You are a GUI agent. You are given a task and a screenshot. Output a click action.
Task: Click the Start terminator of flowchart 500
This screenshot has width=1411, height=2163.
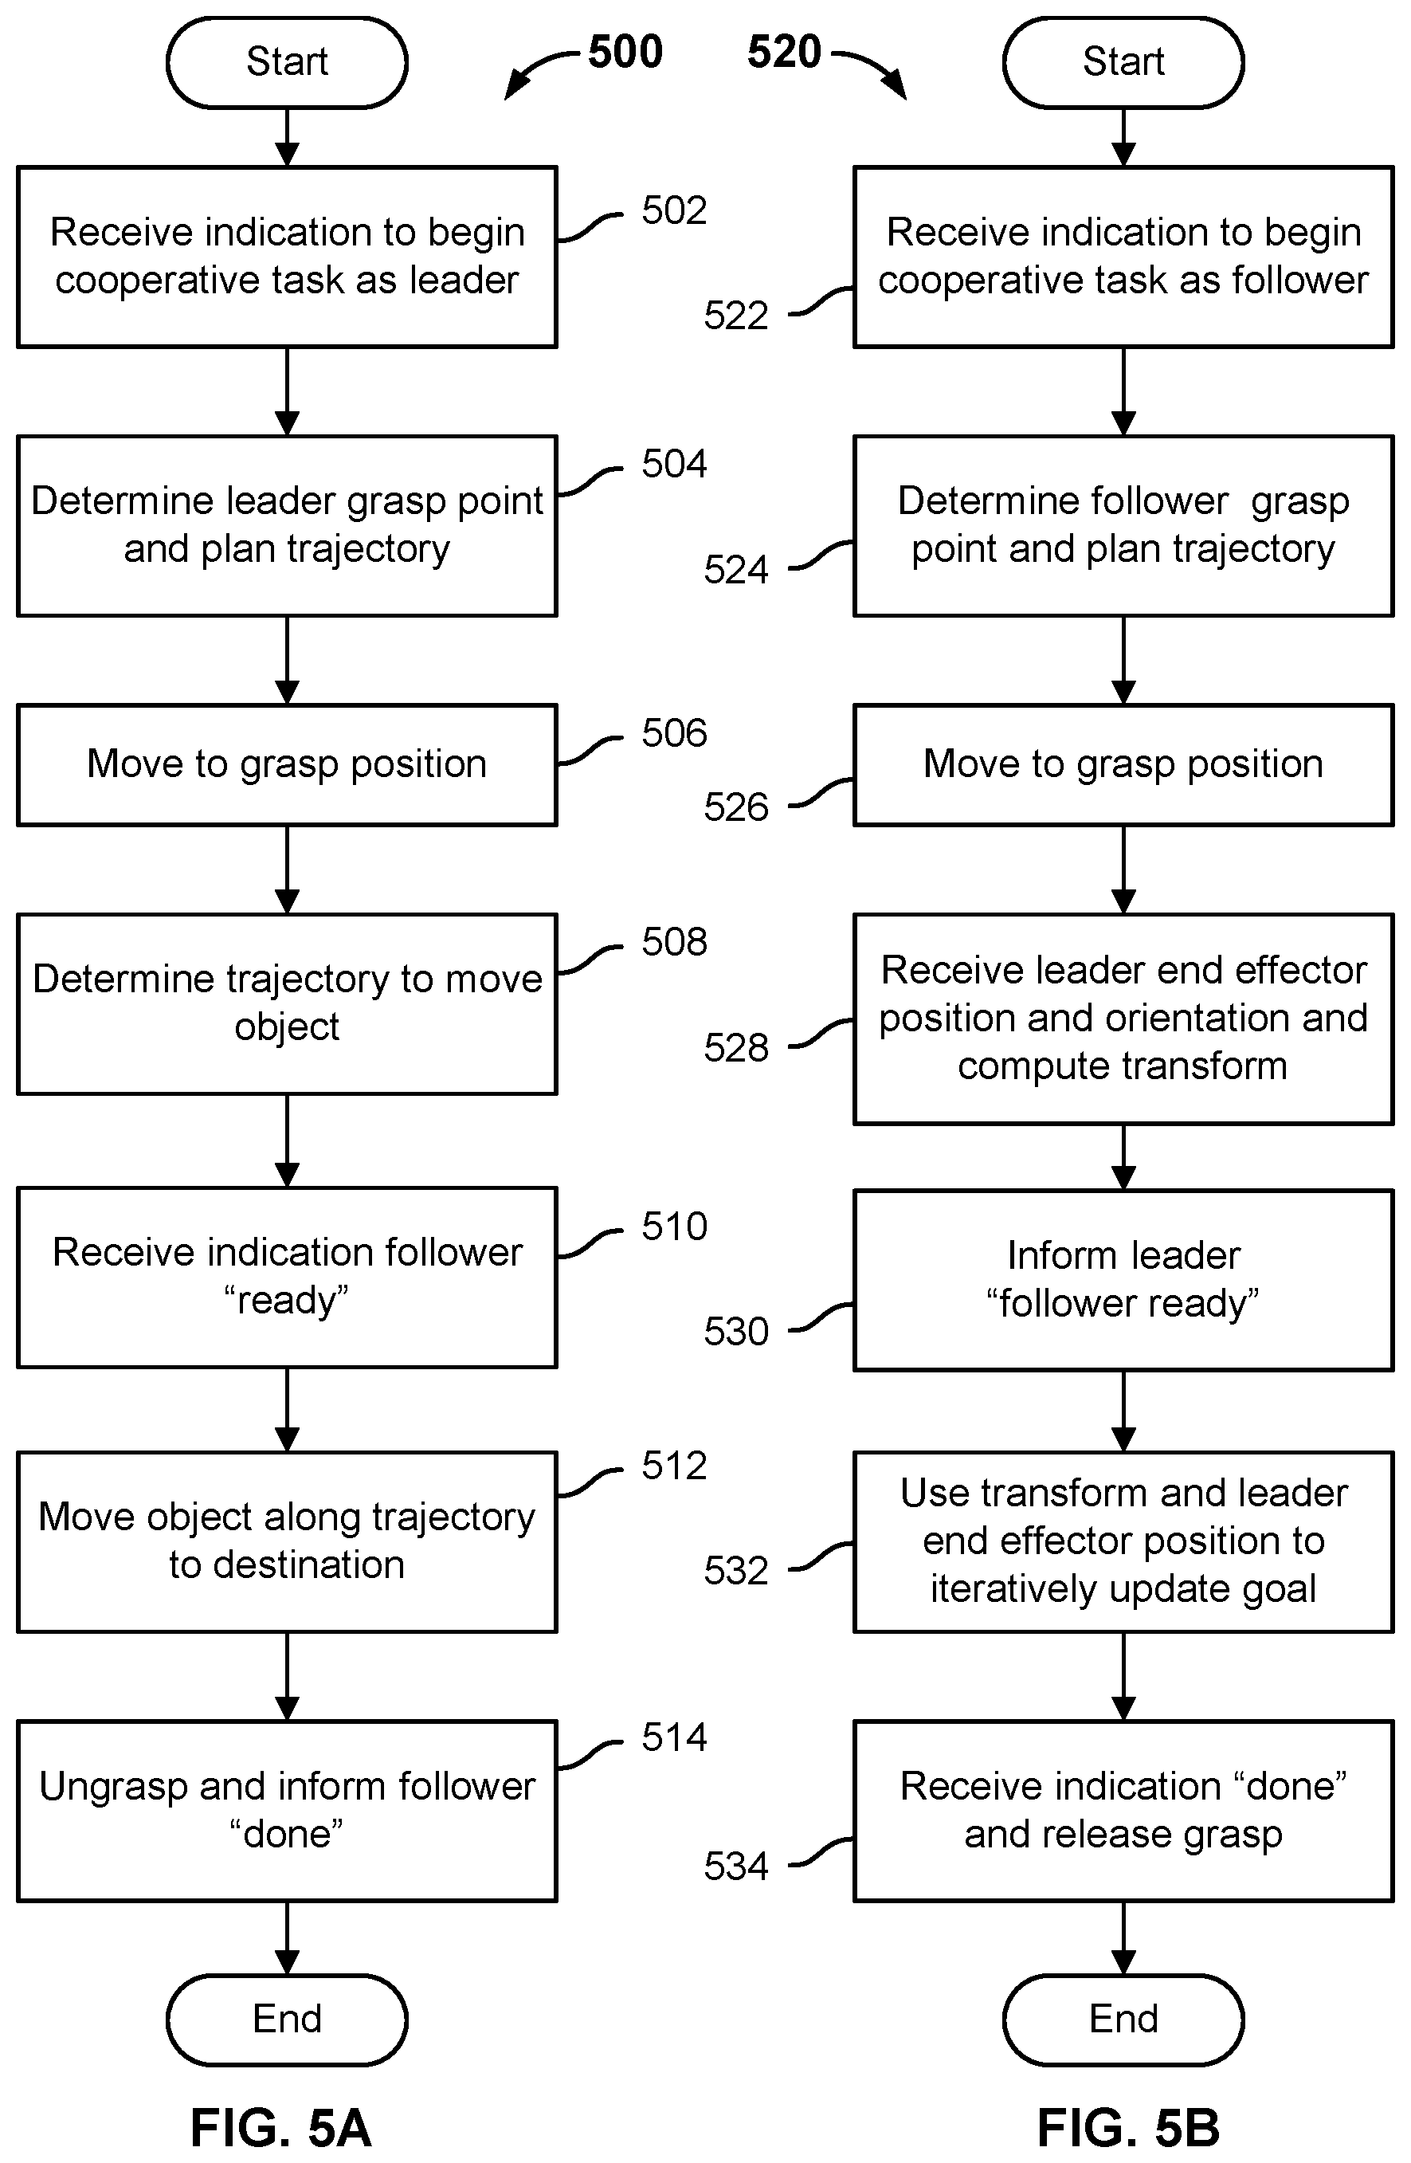click(287, 62)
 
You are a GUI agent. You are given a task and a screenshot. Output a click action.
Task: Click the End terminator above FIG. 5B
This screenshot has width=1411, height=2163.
click(1124, 2019)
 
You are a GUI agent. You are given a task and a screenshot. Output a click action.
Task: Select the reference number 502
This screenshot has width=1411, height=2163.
click(674, 211)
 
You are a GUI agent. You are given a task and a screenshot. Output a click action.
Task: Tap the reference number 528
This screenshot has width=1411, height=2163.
click(736, 1048)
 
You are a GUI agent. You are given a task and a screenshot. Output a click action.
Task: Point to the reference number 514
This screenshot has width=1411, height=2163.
click(674, 1737)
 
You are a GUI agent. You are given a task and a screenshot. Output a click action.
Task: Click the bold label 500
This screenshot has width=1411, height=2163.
click(625, 52)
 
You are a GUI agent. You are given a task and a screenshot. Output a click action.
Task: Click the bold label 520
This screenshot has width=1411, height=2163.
click(784, 52)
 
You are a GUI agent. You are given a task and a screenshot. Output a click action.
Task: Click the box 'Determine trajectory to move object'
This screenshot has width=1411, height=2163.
click(287, 1004)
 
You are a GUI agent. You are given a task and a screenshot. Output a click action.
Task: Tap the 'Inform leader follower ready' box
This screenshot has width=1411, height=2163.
click(1124, 1280)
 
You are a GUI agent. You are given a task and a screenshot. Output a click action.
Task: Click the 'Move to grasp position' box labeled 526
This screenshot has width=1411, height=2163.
click(1124, 764)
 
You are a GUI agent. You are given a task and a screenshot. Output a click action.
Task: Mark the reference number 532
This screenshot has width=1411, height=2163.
click(736, 1572)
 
